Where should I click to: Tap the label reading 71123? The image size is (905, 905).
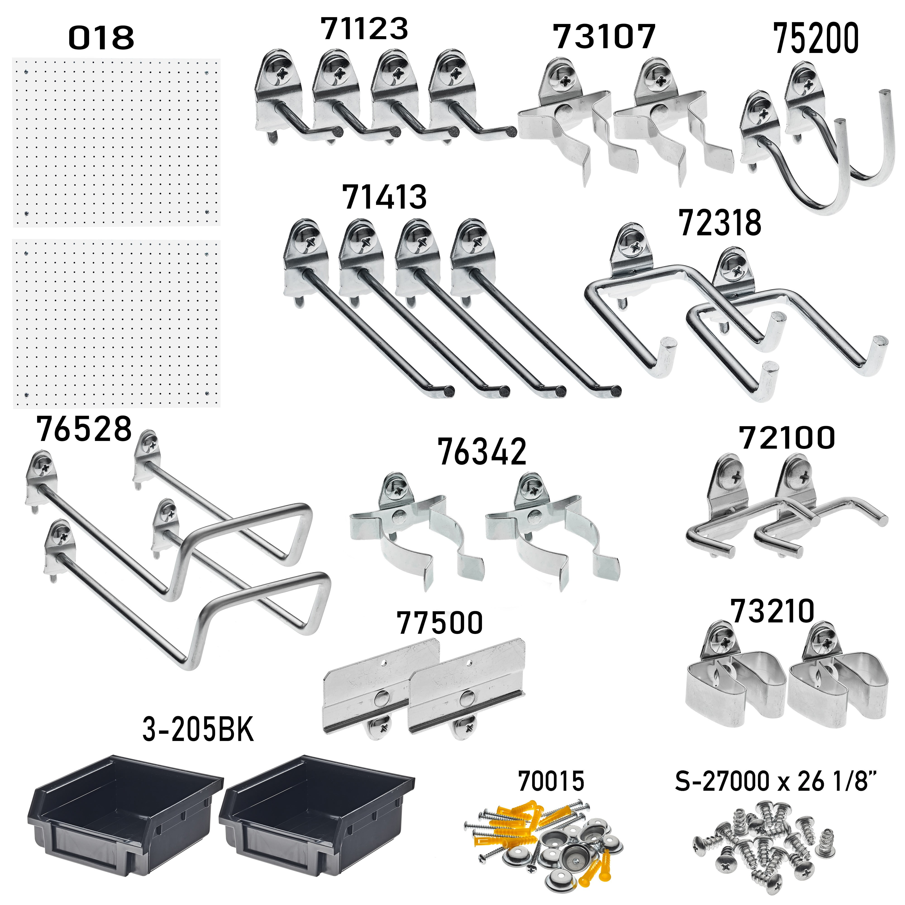click(364, 29)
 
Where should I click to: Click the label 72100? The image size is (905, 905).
click(787, 438)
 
